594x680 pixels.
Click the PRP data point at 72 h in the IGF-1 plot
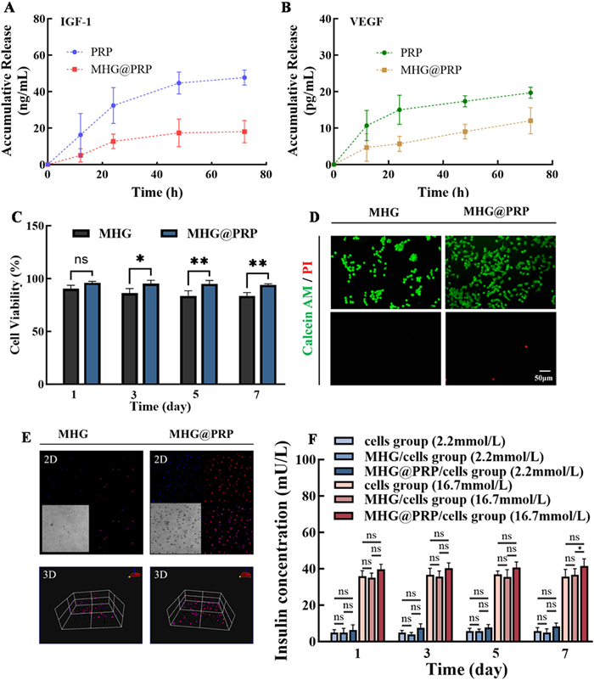point(244,77)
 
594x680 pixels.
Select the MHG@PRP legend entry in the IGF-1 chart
point(109,70)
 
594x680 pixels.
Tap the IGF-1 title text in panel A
point(76,22)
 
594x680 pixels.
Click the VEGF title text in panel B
point(367,22)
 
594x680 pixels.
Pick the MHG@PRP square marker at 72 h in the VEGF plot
point(530,121)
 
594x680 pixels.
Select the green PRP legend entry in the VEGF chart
point(400,53)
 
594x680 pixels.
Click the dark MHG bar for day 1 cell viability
point(71,336)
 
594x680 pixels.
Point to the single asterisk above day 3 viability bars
point(140,259)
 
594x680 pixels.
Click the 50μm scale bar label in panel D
point(543,378)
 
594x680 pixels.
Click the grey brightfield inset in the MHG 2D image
point(65,528)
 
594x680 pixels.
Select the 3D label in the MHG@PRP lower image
point(160,575)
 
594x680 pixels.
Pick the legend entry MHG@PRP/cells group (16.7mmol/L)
point(462,516)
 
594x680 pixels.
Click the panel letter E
point(26,437)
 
